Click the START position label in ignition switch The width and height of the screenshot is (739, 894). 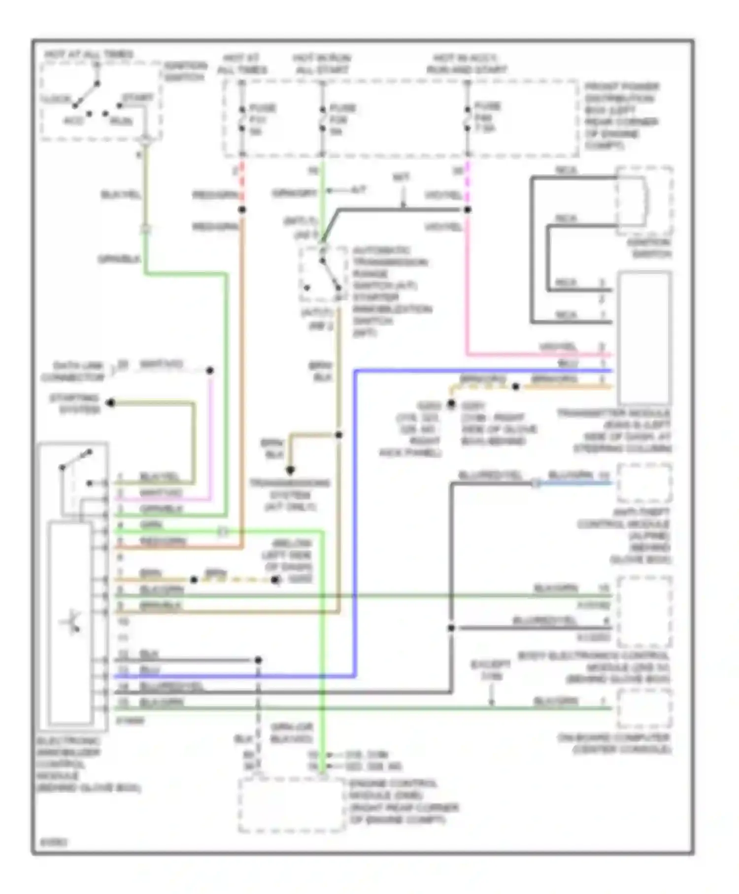[x=137, y=98]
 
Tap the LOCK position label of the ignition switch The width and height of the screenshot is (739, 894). [x=55, y=99]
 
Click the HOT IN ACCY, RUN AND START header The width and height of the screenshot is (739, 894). [x=466, y=64]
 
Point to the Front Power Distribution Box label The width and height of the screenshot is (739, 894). [x=621, y=116]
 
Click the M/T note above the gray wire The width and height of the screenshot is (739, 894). [x=401, y=177]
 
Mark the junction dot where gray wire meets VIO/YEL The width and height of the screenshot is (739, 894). [x=468, y=209]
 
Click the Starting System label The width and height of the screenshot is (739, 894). [x=74, y=404]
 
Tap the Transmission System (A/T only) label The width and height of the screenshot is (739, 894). [x=290, y=494]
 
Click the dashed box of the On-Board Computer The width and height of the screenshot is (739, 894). [x=644, y=708]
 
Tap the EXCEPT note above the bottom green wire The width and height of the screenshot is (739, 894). [x=491, y=670]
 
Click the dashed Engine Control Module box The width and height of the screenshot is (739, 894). [x=291, y=805]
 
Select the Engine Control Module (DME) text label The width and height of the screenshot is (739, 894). [x=403, y=801]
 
